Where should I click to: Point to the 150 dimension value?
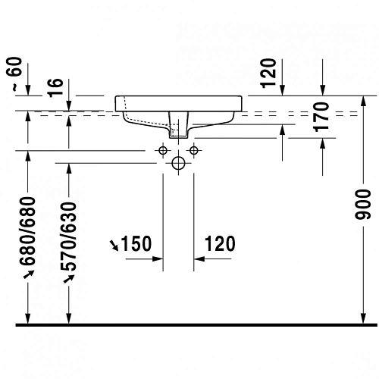pos(137,243)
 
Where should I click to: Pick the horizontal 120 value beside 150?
pos(219,243)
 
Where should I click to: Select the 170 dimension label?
pos(323,117)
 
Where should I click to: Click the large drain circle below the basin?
pos(178,162)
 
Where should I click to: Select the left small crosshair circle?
pos(162,151)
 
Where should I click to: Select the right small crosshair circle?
pos(194,151)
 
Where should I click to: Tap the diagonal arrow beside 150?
pos(114,244)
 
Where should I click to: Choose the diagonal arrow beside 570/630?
pos(69,278)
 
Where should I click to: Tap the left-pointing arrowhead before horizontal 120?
pos(199,258)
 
